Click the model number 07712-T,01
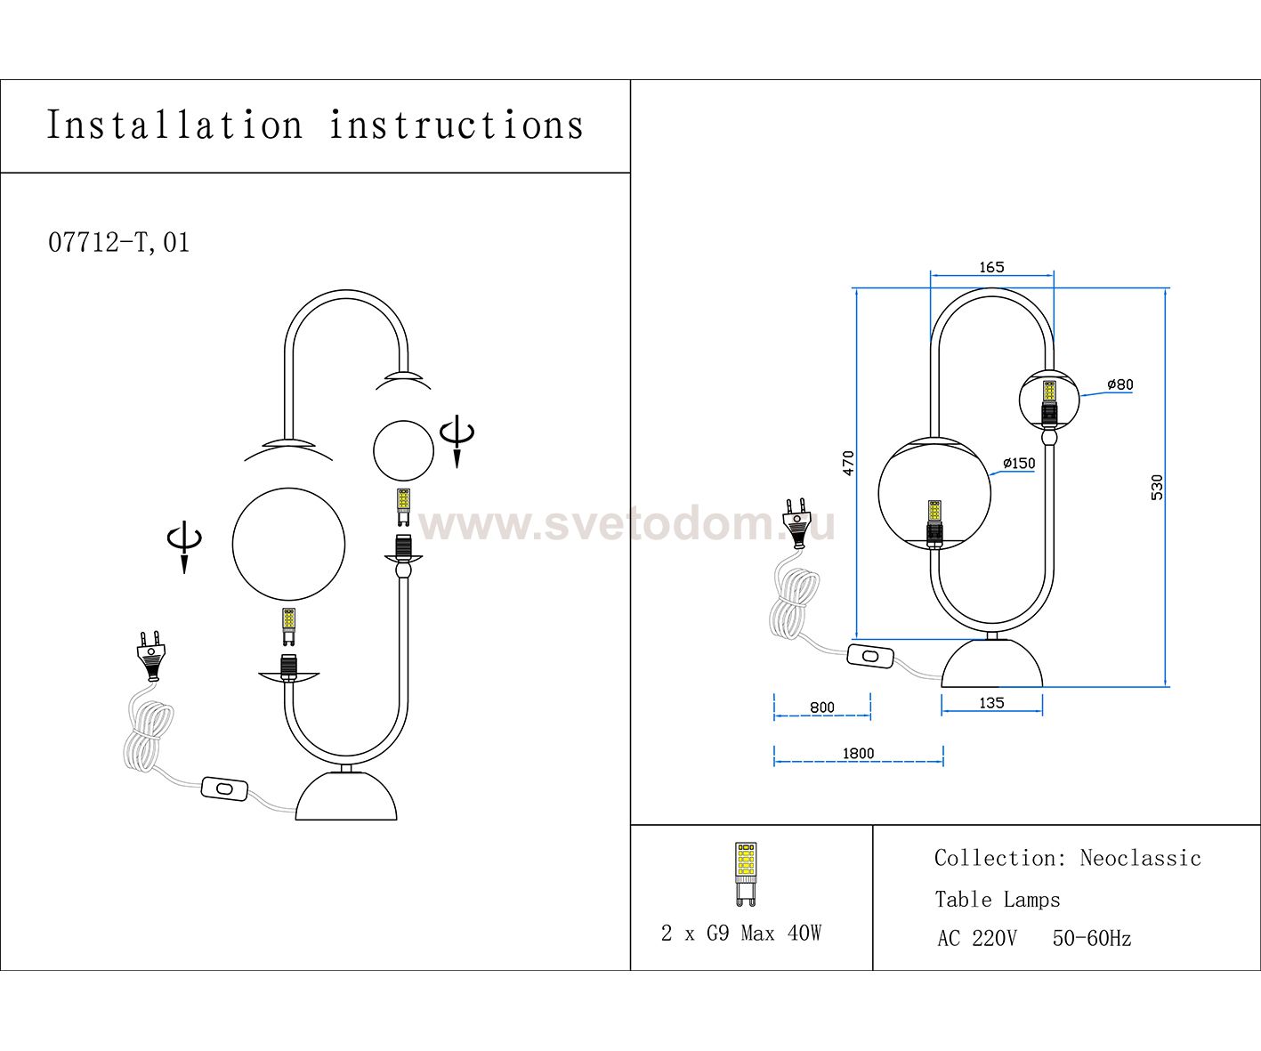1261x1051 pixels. [118, 242]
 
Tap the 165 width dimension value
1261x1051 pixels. [991, 267]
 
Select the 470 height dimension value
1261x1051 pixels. [848, 463]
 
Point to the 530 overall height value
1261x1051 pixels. [1157, 487]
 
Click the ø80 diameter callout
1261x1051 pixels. [1120, 384]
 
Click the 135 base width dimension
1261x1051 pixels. [991, 703]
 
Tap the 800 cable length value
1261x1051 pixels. [822, 707]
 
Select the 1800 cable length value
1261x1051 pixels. [858, 753]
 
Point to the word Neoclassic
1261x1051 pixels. [1140, 858]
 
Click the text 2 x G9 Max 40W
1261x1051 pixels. [741, 933]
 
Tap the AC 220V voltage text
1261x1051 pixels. [976, 938]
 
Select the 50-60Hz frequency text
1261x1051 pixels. [1091, 938]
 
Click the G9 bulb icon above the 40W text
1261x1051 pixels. [746, 873]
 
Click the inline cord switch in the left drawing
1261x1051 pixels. [224, 788]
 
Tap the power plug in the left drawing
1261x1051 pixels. [151, 654]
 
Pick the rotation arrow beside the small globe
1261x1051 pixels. [457, 439]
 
